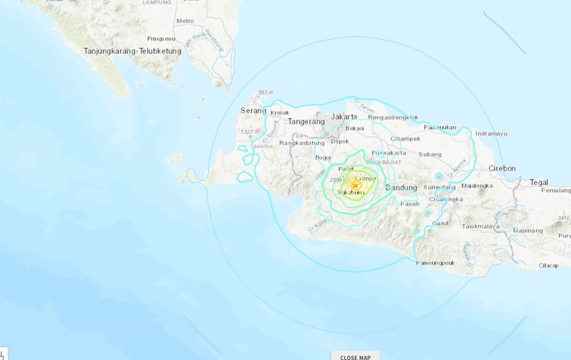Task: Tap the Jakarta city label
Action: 344,117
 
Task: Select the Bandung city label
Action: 401,188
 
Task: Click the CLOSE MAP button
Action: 355,357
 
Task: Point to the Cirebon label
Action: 502,168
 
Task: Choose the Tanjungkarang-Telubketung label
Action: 132,51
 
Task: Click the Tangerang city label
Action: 306,121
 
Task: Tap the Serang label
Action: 253,111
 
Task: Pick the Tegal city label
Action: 539,182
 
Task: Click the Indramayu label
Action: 491,133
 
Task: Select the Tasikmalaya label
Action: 480,226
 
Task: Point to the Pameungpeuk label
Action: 435,263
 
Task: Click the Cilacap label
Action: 548,265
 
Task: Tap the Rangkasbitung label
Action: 302,143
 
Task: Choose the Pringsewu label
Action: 161,39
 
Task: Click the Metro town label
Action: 185,21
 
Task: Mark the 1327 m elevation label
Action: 250,132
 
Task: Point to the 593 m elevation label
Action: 265,93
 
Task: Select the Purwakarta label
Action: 390,153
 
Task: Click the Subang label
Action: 430,154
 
